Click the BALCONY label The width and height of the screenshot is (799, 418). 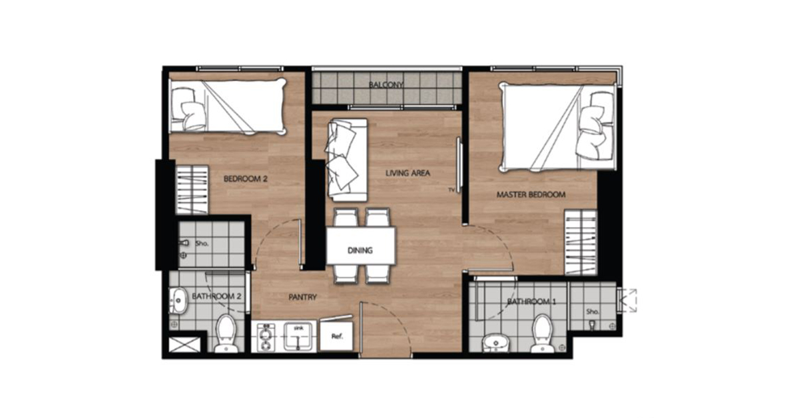tap(386, 85)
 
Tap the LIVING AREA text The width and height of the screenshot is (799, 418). tap(407, 173)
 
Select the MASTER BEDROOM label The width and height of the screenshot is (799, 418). tap(531, 195)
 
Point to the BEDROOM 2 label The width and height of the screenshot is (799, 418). tap(246, 178)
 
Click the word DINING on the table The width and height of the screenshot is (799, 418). tap(360, 250)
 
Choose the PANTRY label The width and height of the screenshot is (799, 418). tap(302, 297)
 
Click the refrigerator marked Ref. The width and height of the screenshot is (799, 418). tap(337, 335)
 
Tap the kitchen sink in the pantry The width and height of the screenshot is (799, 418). tap(298, 336)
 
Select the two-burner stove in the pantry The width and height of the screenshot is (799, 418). tap(266, 337)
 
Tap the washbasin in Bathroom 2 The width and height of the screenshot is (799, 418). tap(178, 301)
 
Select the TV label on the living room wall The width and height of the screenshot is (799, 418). tap(451, 190)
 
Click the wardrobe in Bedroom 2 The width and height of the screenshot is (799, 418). tap(192, 190)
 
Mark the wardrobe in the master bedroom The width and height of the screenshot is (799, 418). tap(581, 242)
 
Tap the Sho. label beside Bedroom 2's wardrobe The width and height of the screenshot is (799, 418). tap(202, 244)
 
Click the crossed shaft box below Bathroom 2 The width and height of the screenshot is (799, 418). tap(184, 345)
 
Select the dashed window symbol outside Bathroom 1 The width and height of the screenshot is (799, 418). tap(628, 300)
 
